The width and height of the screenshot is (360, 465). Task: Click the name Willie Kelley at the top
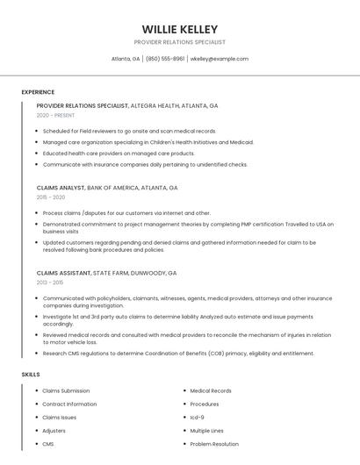click(x=180, y=29)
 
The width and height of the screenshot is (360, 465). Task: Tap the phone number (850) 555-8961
click(x=165, y=59)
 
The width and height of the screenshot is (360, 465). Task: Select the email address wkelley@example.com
click(x=220, y=59)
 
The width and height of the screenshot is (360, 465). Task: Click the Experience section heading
click(x=38, y=92)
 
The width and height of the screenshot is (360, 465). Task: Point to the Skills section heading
click(x=31, y=375)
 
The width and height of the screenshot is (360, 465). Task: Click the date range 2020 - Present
click(x=56, y=115)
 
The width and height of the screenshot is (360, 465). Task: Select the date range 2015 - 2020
click(x=51, y=197)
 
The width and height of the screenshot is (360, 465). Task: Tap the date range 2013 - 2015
click(x=50, y=283)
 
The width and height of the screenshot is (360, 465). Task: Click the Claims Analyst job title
click(x=61, y=188)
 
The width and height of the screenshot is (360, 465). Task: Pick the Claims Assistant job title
click(x=64, y=273)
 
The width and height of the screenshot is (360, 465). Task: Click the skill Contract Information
click(x=69, y=404)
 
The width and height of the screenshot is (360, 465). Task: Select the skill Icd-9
click(x=198, y=418)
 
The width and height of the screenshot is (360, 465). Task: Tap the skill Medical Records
click(x=211, y=391)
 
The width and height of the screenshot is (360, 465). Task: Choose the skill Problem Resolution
click(x=214, y=444)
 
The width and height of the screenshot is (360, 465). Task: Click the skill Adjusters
click(x=54, y=431)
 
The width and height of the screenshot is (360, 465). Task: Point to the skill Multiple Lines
click(x=207, y=431)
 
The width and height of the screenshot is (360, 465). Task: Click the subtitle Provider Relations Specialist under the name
click(x=180, y=42)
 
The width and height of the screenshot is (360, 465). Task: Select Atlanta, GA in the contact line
click(x=126, y=59)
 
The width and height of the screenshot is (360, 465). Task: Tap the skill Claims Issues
click(x=60, y=418)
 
